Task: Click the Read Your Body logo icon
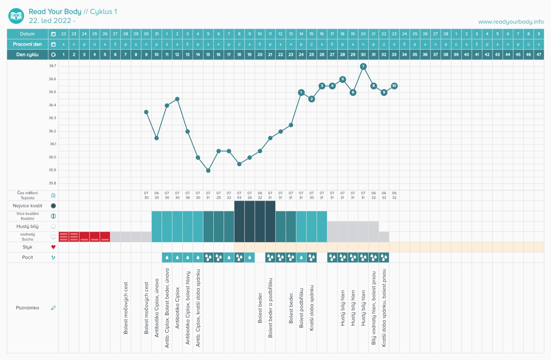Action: [16, 16]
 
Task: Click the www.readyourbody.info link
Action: [511, 22]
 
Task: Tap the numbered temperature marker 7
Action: [363, 66]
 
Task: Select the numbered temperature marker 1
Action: [301, 92]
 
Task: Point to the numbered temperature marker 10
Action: [394, 86]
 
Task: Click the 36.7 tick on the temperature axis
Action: [52, 66]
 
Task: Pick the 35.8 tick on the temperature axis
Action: [52, 183]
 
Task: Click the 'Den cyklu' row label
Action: [28, 54]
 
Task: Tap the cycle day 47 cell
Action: [539, 54]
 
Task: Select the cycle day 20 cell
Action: [260, 54]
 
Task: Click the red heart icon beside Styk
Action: [53, 247]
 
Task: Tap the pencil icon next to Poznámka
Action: [53, 308]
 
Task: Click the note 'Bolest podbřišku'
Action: [301, 308]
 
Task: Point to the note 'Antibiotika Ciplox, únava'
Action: [157, 308]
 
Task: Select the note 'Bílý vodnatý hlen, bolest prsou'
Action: [374, 308]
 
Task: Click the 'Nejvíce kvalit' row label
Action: [28, 206]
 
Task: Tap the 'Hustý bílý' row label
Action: [28, 226]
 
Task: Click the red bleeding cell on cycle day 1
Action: [64, 237]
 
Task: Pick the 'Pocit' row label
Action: [28, 257]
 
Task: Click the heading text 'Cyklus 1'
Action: [103, 12]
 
